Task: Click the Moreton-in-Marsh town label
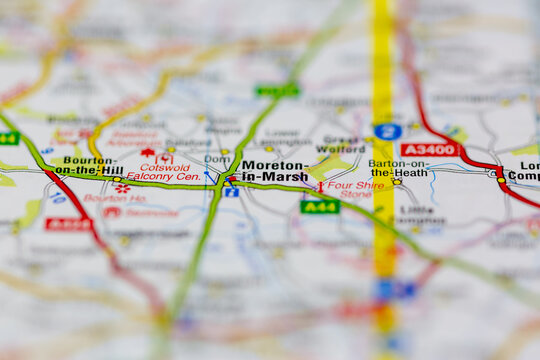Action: pos(274,170)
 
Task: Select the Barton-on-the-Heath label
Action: pos(398,168)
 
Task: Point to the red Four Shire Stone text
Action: pos(355,190)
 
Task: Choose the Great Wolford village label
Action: pos(341,146)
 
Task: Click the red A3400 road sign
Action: pos(430,149)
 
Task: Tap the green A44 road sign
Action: pos(319,207)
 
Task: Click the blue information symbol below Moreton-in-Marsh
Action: pos(231,192)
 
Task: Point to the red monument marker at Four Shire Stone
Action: pos(320,186)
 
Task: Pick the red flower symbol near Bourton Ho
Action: pos(122,188)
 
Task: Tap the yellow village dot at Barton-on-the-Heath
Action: pos(397,182)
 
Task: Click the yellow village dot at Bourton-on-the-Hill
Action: pos(117,180)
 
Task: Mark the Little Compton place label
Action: pos(421,215)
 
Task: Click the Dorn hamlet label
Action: pos(216,159)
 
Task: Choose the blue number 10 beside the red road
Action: pos(58,198)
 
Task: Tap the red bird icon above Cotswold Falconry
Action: pos(148,153)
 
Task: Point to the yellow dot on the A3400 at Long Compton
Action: pos(501,181)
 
